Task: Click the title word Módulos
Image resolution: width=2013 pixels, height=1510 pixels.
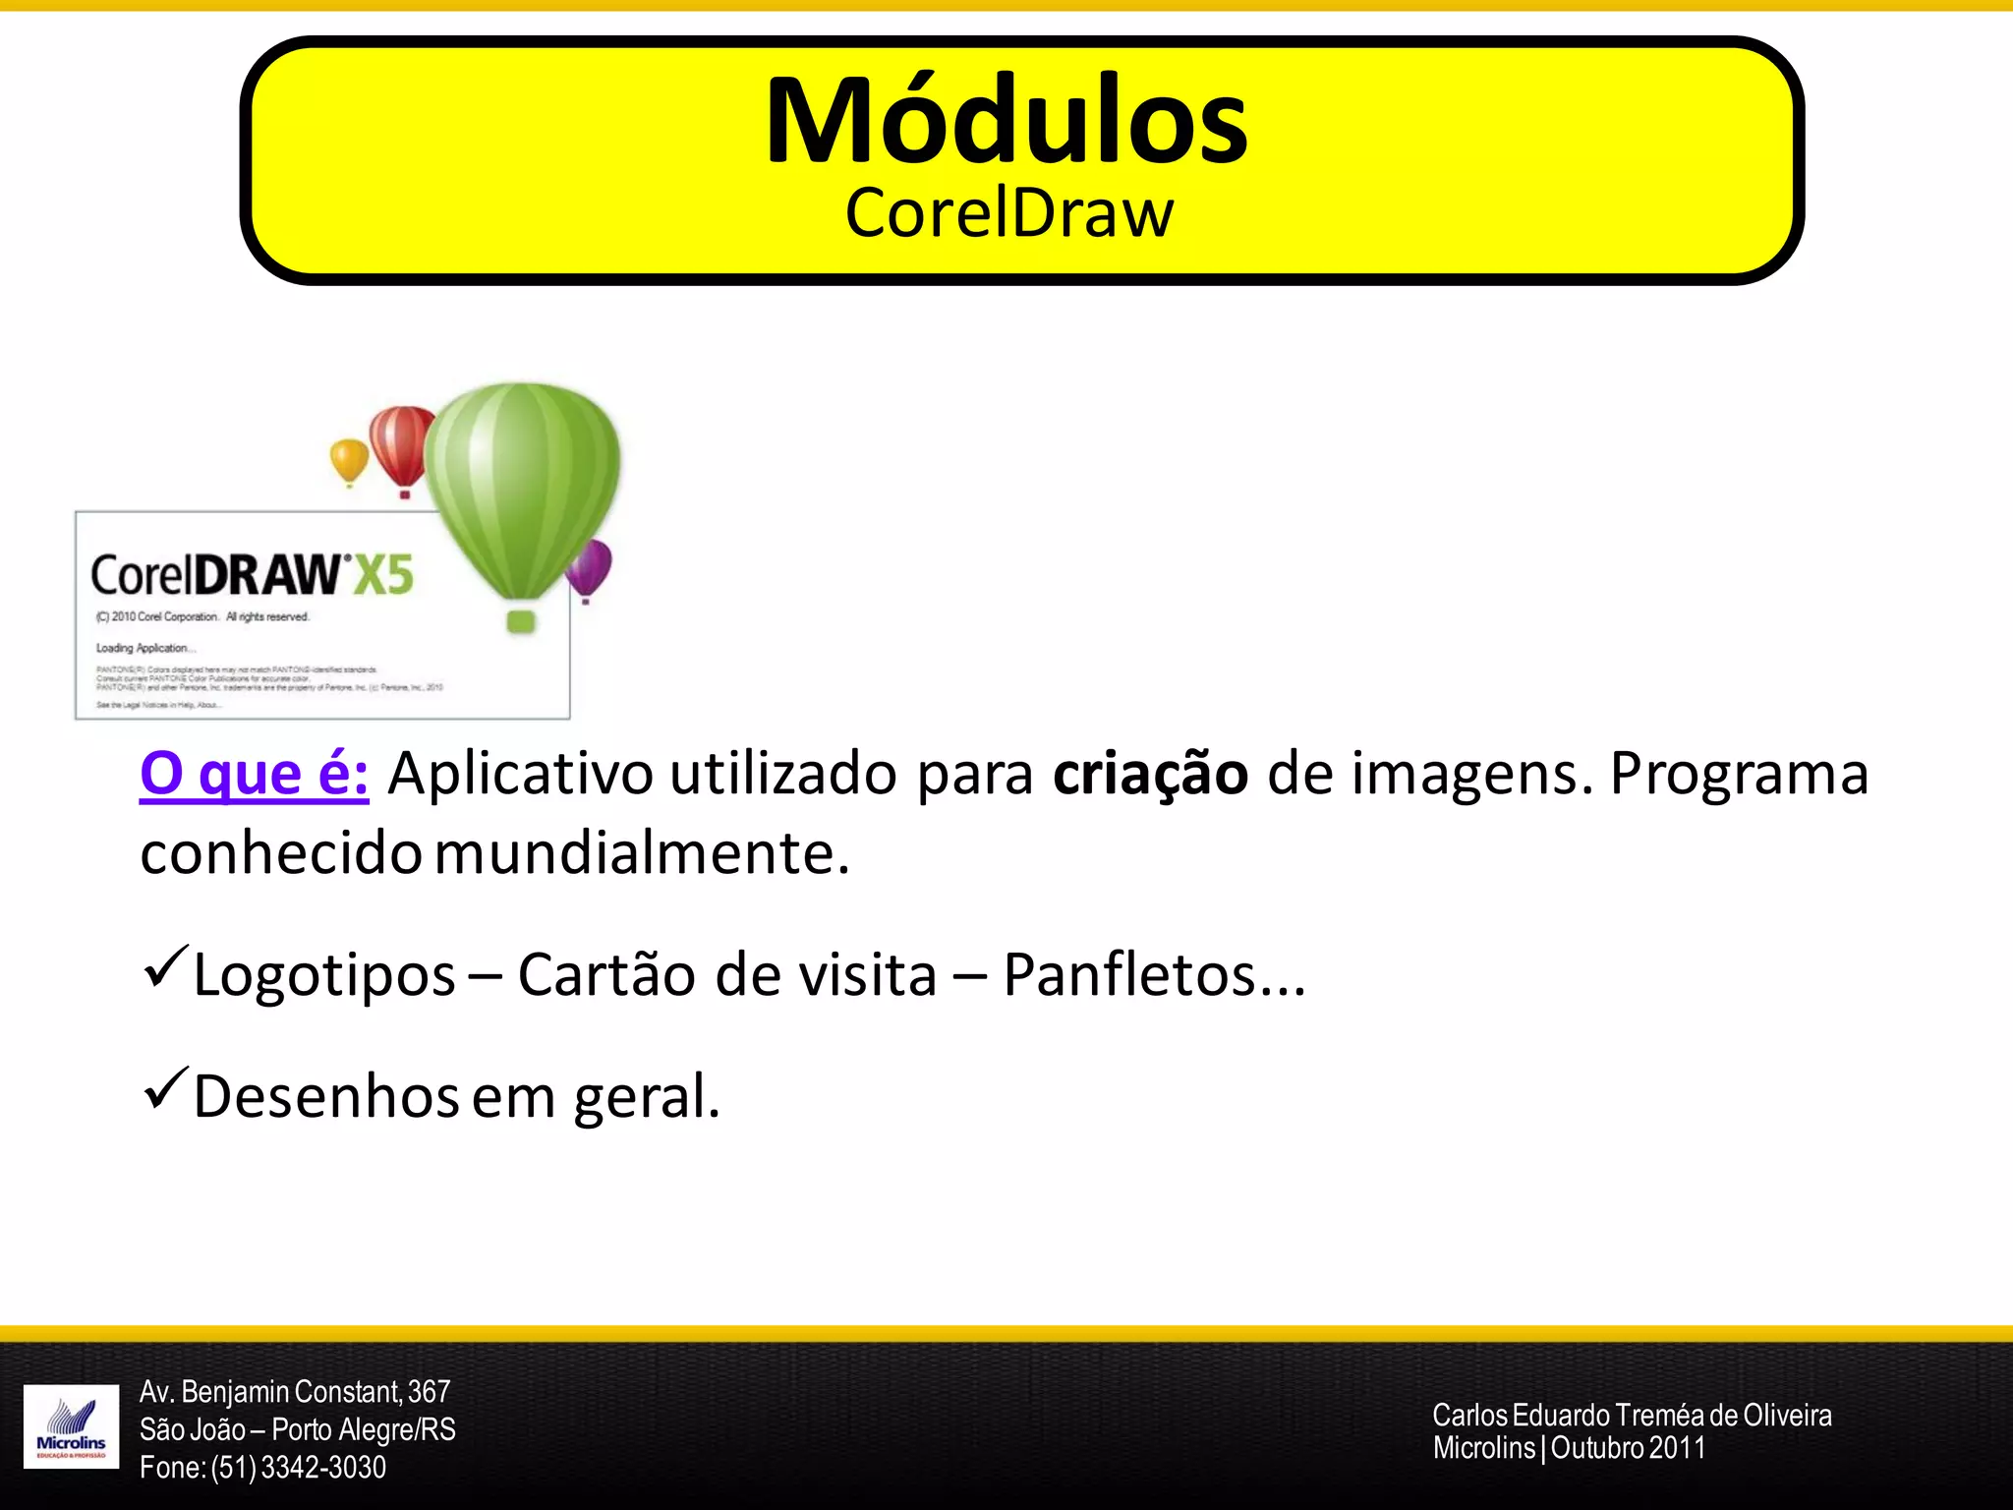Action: [x=1006, y=122]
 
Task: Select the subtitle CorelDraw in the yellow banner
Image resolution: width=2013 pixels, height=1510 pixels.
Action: [x=1009, y=213]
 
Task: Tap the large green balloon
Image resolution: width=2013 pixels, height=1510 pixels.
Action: [x=523, y=482]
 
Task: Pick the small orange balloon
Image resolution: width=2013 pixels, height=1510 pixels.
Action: [x=349, y=460]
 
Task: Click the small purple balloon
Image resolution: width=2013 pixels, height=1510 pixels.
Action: [x=589, y=567]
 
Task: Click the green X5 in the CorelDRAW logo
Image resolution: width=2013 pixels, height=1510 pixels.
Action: [x=383, y=576]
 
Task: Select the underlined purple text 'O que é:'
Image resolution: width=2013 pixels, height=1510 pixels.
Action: [x=255, y=774]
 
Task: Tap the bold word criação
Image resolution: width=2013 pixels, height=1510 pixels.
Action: [x=1150, y=774]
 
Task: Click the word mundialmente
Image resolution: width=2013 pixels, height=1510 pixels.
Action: [x=641, y=853]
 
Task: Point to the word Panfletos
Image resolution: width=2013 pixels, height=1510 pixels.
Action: [x=1129, y=975]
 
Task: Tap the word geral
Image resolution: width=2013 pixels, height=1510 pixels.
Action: [x=646, y=1097]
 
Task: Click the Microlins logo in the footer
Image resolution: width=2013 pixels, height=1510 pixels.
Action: [x=71, y=1426]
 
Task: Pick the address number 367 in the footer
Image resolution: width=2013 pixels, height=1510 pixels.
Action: [x=429, y=1392]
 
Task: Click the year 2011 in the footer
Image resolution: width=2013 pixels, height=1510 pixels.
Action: [x=1677, y=1448]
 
